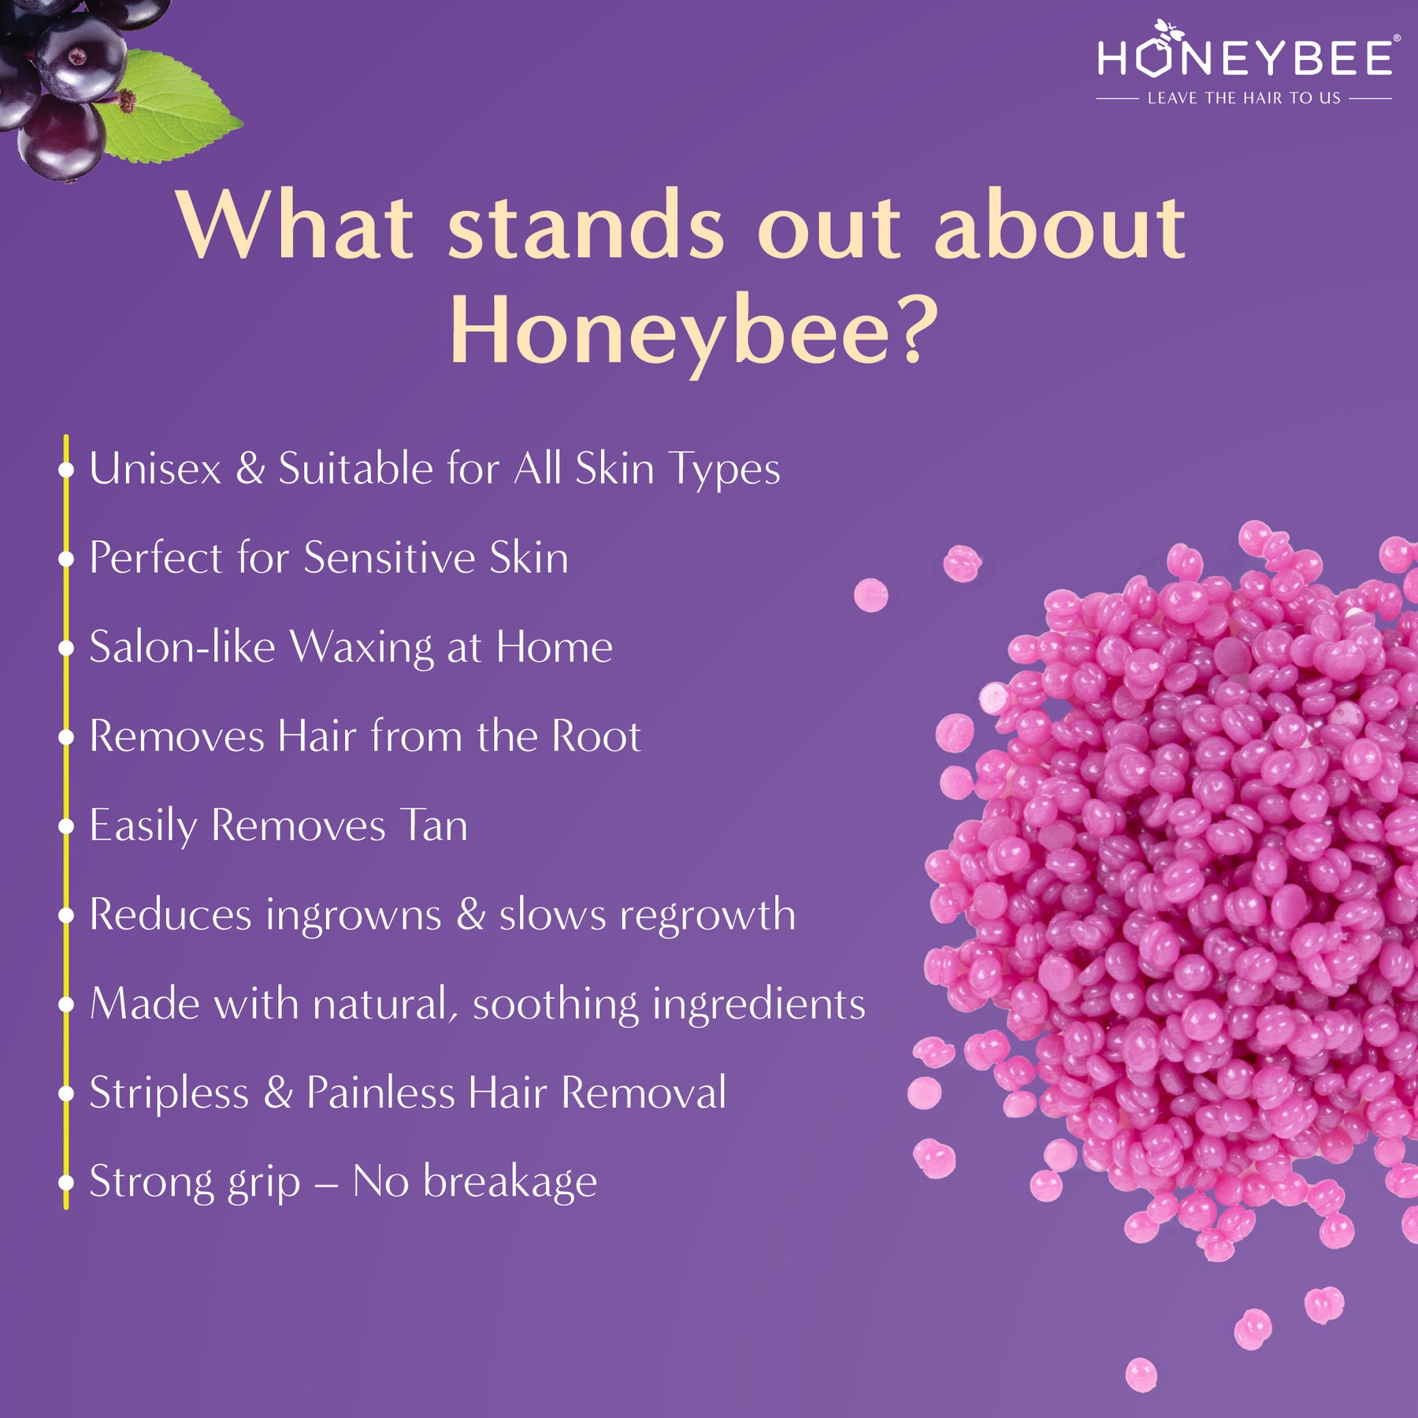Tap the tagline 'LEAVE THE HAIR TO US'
coord(1244,98)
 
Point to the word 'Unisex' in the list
coord(155,469)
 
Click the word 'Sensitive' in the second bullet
coord(390,558)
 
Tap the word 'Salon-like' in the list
coord(182,647)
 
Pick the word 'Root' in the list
coord(596,737)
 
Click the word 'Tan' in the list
coord(433,826)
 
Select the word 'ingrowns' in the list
coord(354,916)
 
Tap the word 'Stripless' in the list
coord(169,1093)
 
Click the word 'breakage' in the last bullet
coord(510,1182)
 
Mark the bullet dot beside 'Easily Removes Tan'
coord(66,826)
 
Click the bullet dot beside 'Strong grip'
coord(66,1182)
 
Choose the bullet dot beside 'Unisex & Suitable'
coord(66,470)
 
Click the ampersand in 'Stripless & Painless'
coord(278,1093)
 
